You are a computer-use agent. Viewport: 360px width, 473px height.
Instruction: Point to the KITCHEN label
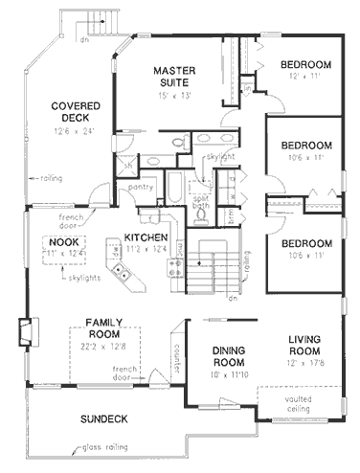[145, 237]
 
